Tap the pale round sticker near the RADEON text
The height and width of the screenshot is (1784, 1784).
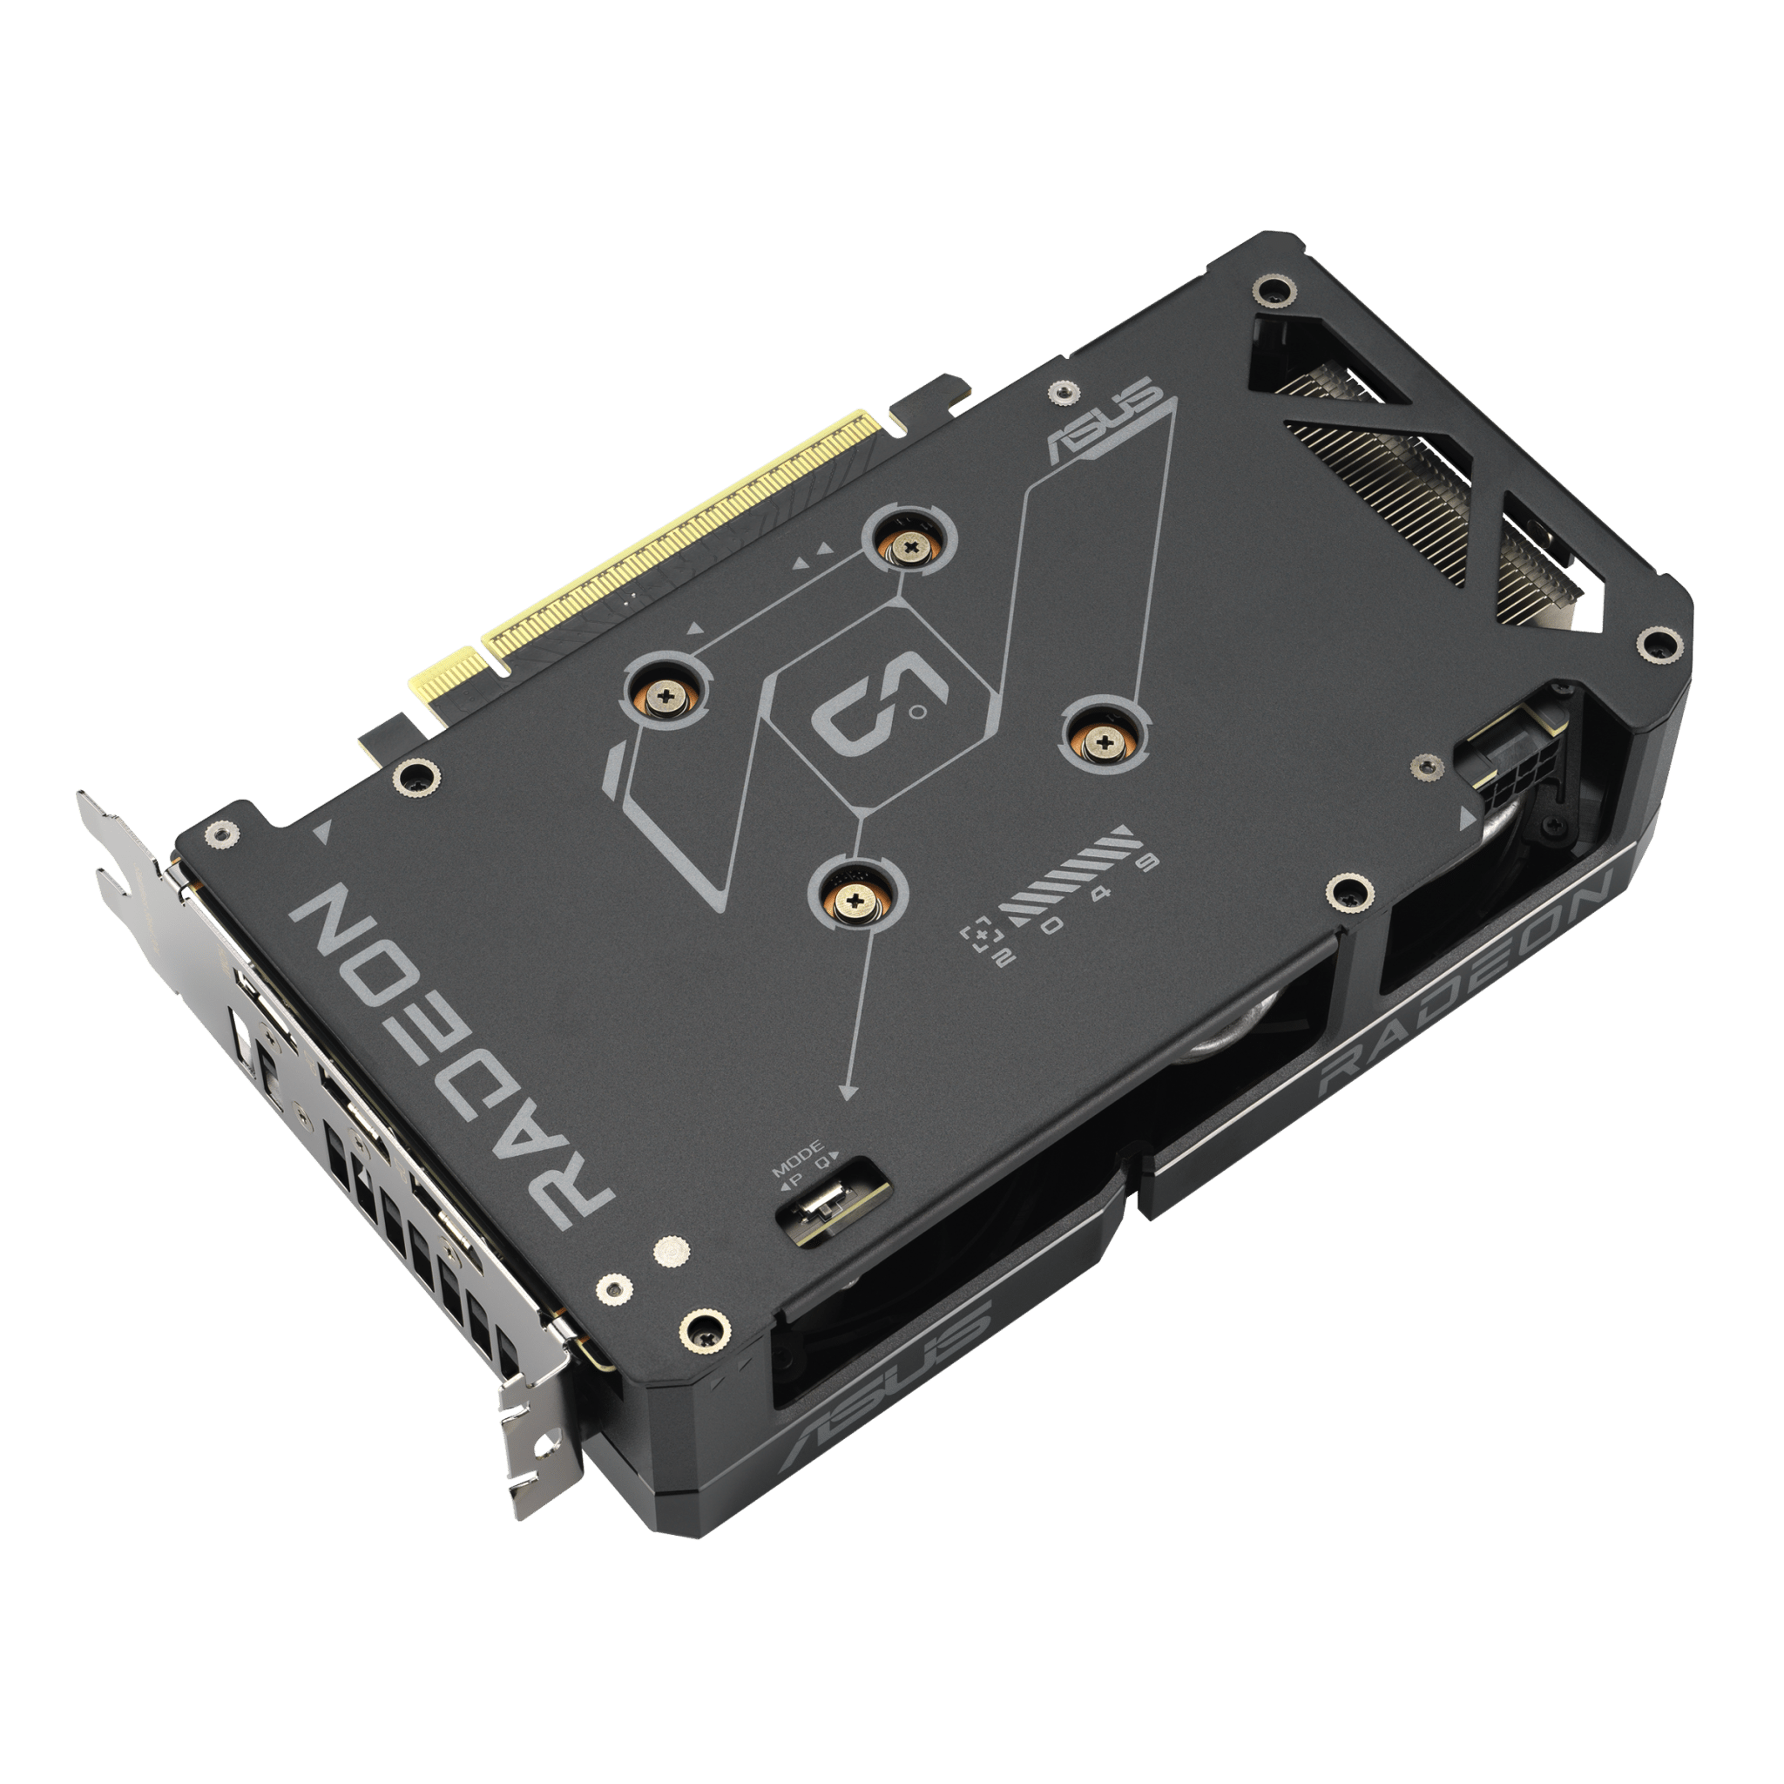(x=671, y=1251)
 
